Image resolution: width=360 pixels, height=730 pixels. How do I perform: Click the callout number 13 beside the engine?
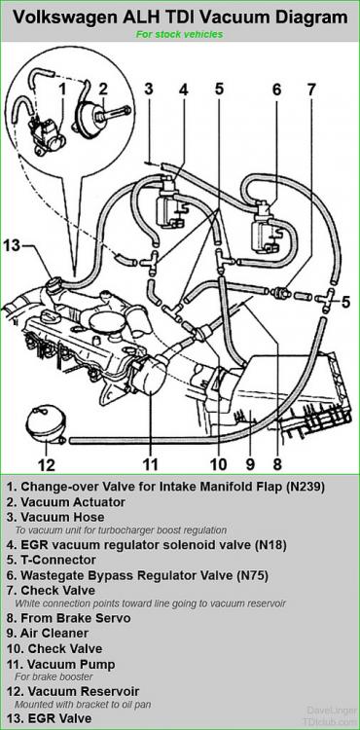(13, 246)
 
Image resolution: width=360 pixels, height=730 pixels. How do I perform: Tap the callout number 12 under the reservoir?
(46, 464)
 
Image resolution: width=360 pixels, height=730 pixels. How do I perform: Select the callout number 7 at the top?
(311, 90)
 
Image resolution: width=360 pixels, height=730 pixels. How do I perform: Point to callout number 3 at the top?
(148, 89)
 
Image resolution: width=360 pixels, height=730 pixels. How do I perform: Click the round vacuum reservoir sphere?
(45, 423)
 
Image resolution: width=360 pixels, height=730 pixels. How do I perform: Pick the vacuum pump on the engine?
(149, 374)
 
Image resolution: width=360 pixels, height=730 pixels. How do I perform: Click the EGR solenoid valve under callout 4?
(168, 203)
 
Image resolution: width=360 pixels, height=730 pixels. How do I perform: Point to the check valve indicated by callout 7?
(281, 293)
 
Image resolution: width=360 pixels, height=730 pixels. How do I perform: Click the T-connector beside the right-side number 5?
(325, 298)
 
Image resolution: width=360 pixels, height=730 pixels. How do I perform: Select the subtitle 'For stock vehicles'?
(180, 34)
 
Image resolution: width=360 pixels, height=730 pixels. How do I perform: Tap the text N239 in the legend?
(306, 487)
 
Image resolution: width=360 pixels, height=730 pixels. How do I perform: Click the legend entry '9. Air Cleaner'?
(48, 634)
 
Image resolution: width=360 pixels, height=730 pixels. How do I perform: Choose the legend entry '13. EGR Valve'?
(49, 718)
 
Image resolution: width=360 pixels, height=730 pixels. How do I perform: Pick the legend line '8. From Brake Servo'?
(69, 618)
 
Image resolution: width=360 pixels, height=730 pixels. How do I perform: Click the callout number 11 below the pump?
(150, 464)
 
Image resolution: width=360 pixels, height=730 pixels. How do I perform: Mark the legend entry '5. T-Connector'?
(52, 560)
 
